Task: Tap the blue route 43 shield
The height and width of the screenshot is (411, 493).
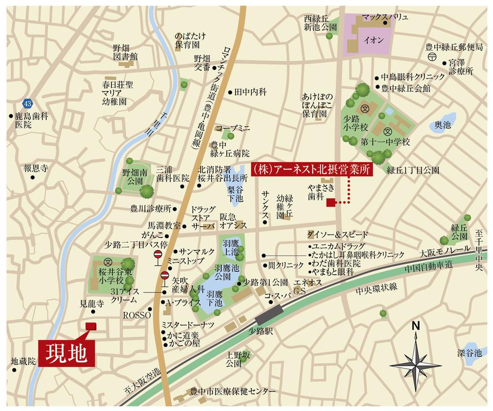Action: (26, 103)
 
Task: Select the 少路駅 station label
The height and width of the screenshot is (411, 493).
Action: (261, 331)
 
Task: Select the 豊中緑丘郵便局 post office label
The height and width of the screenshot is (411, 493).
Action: (454, 47)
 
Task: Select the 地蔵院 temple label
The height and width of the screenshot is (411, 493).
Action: (24, 362)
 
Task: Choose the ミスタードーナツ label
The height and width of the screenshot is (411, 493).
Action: (188, 324)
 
